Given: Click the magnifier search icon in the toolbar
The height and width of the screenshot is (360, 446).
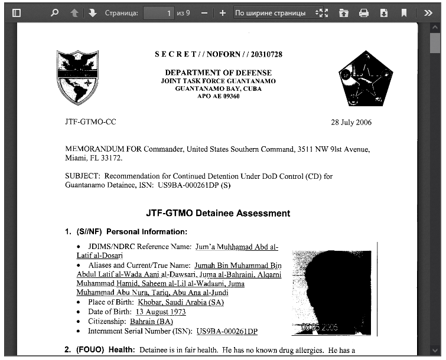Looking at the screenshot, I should pyautogui.click(x=55, y=12).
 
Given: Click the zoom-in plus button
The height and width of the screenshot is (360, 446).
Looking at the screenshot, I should pyautogui.click(x=222, y=12).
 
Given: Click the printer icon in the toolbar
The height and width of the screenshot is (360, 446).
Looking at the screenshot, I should pyautogui.click(x=364, y=12).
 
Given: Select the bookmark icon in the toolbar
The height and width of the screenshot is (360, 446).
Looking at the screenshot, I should pyautogui.click(x=404, y=12).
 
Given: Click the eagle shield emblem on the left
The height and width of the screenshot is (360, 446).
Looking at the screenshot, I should pyautogui.click(x=77, y=77).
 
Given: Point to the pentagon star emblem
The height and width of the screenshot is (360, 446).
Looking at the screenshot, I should pyautogui.click(x=362, y=77).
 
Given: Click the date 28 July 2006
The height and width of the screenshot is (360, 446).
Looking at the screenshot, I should pyautogui.click(x=351, y=123).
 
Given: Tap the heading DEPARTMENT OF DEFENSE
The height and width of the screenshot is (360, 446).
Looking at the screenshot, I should pyautogui.click(x=219, y=73).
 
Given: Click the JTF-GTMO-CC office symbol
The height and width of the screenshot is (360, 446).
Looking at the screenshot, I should pyautogui.click(x=90, y=123).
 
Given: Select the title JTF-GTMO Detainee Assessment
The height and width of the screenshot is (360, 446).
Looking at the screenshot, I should pyautogui.click(x=218, y=213).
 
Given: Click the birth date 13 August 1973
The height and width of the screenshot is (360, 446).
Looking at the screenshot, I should pyautogui.click(x=161, y=312).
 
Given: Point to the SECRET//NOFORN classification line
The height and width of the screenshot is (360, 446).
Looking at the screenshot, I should pyautogui.click(x=219, y=54).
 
